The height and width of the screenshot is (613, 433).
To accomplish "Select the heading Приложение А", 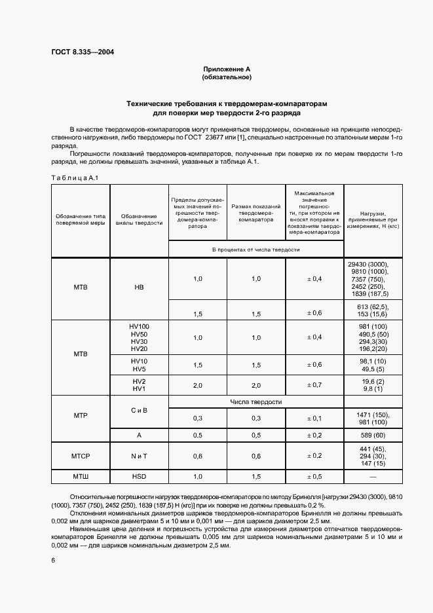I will coord(227,69).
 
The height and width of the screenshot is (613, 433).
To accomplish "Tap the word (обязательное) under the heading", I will coord(227,77).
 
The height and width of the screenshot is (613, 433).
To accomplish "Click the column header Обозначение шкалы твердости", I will coord(139,219).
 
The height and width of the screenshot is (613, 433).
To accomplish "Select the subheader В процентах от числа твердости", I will coord(255,250).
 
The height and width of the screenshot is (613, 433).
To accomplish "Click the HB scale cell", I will coord(139,287).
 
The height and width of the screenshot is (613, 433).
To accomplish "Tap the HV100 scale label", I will coord(140,326).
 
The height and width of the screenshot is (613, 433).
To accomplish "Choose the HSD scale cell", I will coord(139,476).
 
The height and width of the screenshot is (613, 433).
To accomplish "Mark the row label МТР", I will coord(81,416).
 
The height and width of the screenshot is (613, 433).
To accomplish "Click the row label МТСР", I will coord(81,456).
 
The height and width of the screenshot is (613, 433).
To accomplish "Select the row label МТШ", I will coord(81,476).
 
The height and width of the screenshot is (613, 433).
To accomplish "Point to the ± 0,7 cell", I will coord(314,385).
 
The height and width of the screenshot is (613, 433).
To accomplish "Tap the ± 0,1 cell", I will coord(314,418).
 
